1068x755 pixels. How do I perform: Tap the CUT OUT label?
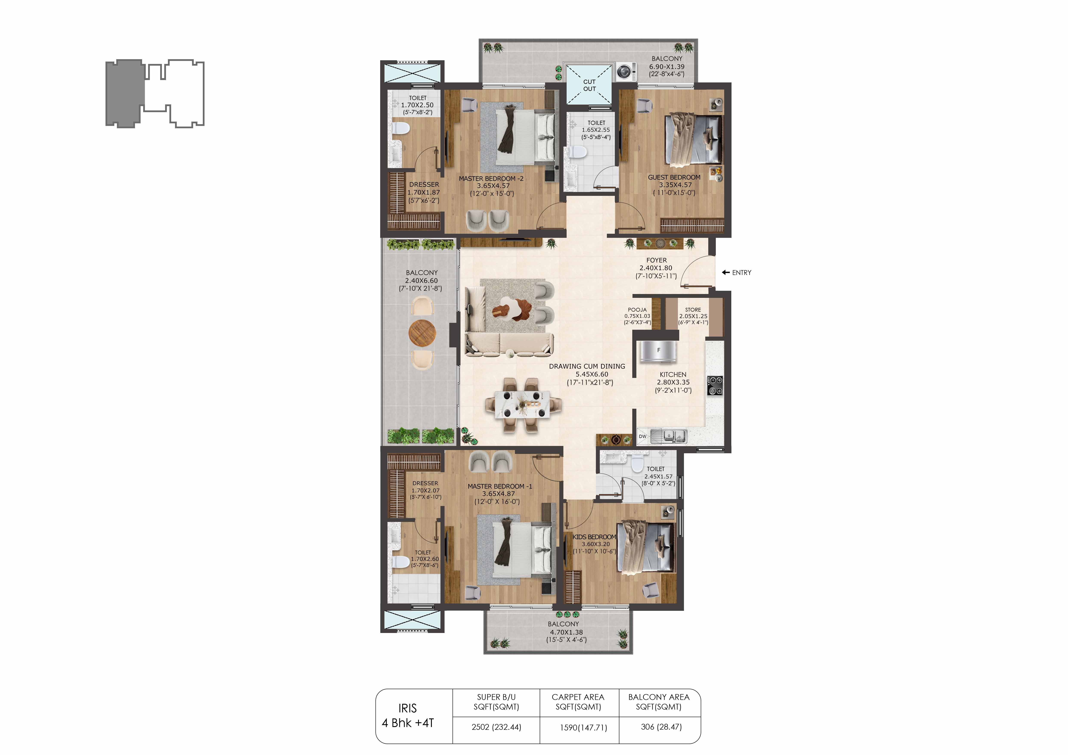pos(589,85)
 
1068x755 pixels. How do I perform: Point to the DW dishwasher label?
pos(642,436)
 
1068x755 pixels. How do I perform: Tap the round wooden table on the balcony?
pos(422,333)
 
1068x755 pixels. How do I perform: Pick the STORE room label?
pos(693,310)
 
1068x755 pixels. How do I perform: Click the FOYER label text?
pos(656,260)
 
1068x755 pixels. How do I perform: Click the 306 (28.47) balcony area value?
pos(661,727)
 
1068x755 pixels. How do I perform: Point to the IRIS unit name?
pos(408,708)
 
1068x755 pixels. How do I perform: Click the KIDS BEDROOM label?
pos(594,537)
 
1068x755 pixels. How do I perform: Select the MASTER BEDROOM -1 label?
pos(500,486)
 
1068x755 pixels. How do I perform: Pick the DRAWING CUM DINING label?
pos(587,366)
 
